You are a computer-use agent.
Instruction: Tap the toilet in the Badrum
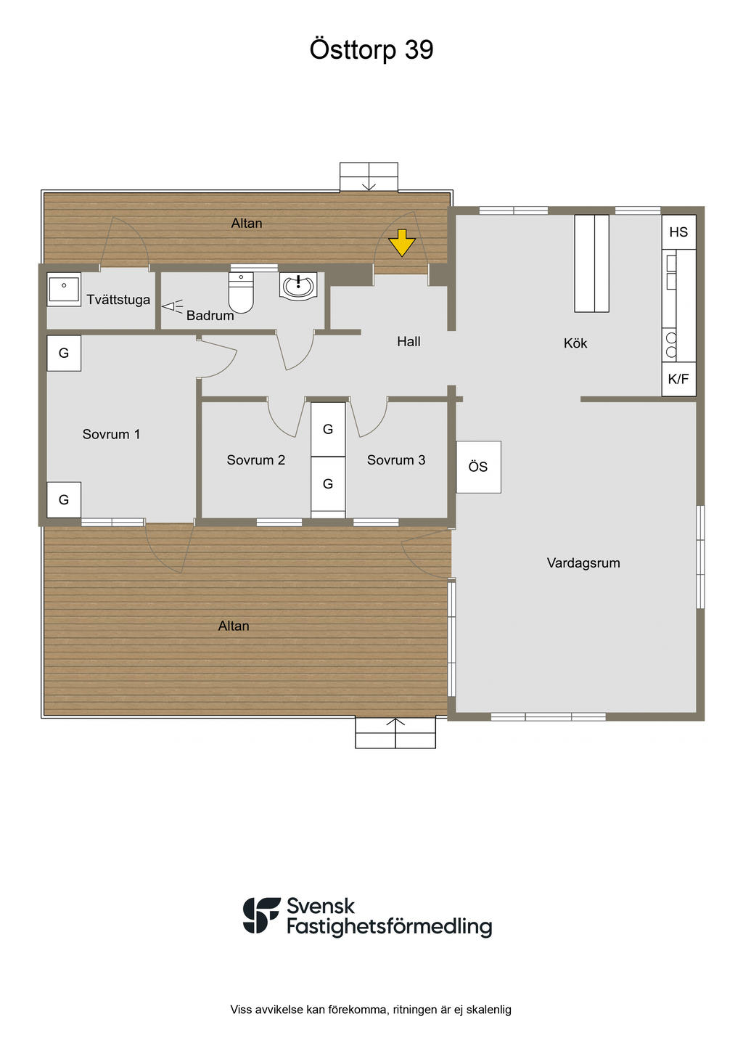tap(241, 293)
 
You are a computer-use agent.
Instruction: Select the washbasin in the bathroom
tap(298, 286)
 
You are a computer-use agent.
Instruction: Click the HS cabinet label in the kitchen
tap(678, 232)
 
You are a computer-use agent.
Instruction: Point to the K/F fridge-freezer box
tap(678, 379)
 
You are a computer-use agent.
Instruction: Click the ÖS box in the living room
tap(478, 467)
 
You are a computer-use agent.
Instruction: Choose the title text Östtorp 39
tap(371, 49)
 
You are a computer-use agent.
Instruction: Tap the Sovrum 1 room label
tap(111, 434)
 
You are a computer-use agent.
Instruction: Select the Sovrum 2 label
tap(255, 459)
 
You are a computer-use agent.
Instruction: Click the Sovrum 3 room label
tap(395, 459)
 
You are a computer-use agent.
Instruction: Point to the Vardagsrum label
tap(583, 563)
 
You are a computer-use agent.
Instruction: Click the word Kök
tap(575, 343)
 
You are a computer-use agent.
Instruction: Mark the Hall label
tap(409, 341)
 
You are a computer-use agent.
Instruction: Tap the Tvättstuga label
tap(118, 300)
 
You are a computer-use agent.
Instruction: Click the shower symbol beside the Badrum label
tap(171, 306)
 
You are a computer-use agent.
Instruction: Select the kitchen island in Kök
tap(591, 263)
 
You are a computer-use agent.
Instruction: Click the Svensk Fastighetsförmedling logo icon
tap(261, 915)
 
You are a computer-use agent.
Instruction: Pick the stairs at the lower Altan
tap(395, 733)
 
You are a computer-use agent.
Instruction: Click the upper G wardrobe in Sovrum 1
tap(64, 353)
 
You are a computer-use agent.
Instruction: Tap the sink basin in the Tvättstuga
tap(64, 289)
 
